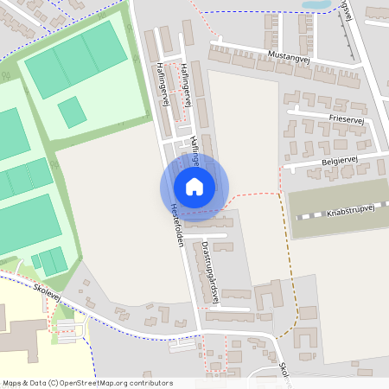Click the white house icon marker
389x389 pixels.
tap(194, 186)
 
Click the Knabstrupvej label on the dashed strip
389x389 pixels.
tap(354, 213)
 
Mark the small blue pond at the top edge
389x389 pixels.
tap(316, 4)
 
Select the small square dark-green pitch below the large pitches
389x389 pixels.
tap(72, 112)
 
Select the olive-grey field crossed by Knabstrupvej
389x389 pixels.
tap(337, 199)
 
